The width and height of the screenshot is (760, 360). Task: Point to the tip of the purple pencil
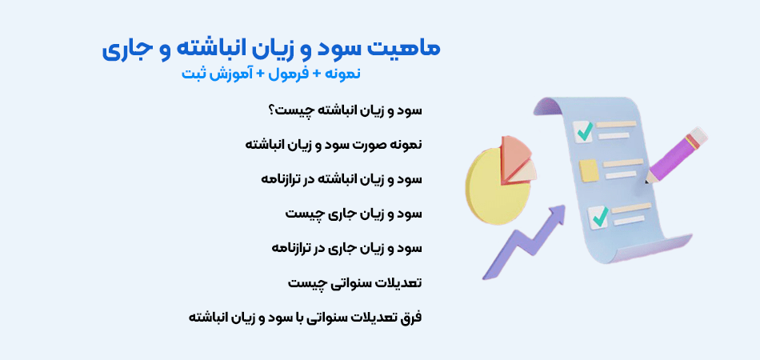pyautogui.click(x=647, y=181)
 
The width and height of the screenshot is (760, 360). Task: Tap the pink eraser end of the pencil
pyautogui.click(x=698, y=136)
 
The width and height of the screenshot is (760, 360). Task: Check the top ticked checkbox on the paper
pyautogui.click(x=585, y=130)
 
